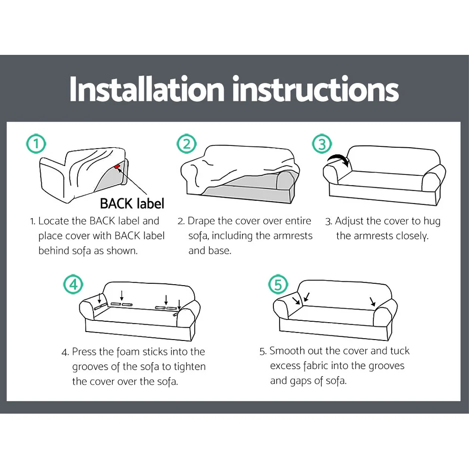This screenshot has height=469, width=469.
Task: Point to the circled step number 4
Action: tap(73, 285)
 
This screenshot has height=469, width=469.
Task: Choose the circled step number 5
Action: tap(278, 285)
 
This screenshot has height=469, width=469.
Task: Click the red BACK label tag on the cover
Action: tap(117, 166)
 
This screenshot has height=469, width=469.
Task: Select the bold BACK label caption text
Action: tap(132, 204)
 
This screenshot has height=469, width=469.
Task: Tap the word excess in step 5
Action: tap(285, 366)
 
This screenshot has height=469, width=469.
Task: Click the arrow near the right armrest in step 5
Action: tap(372, 302)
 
